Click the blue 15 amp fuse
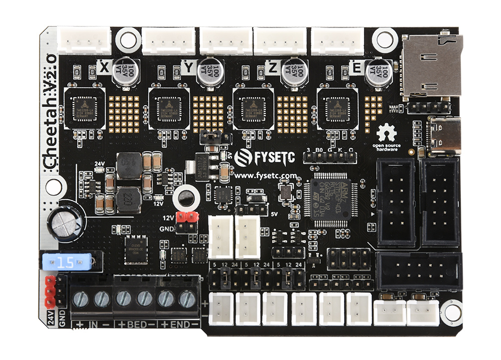[x=67, y=262]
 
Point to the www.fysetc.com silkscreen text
[x=262, y=176]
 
